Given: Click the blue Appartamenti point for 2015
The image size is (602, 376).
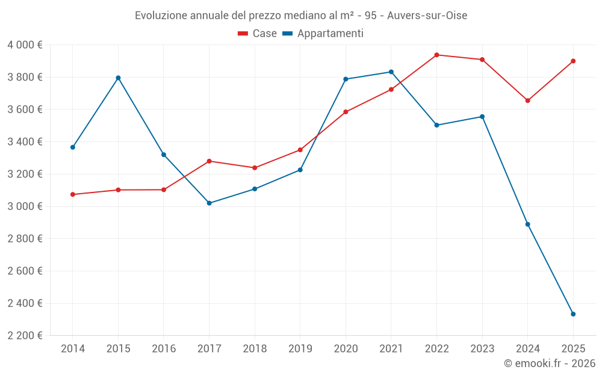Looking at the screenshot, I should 118,78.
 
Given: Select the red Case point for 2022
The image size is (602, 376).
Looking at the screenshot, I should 436,55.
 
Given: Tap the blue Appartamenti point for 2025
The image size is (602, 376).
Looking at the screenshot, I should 573,314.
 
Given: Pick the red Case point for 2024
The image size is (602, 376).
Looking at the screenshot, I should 527,100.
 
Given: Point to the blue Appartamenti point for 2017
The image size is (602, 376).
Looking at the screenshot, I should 209,203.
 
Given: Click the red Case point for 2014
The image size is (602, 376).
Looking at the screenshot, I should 73,194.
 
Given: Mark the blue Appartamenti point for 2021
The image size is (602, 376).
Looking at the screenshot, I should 391,72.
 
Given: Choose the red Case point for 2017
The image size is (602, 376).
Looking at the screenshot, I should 209,161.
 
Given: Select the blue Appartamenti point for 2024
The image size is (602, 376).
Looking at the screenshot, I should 527,224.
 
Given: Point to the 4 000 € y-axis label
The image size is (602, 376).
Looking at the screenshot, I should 25,45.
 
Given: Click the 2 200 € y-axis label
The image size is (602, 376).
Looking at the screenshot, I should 25,336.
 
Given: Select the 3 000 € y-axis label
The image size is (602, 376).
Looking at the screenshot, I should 25,206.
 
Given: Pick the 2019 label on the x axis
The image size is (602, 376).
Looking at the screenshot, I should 300,348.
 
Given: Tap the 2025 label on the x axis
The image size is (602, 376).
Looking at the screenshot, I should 573,348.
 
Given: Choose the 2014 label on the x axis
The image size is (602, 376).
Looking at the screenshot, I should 73,348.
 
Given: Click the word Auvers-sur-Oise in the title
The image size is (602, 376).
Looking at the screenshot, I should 427,15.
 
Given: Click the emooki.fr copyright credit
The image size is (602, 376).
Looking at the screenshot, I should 550,363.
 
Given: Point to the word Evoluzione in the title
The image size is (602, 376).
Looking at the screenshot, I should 161,15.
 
